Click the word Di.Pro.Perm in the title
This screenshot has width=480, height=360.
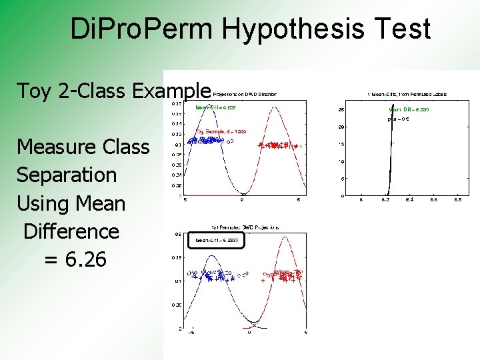(141, 29)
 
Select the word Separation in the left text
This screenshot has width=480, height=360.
(67, 175)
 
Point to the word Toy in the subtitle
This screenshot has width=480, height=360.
(34, 91)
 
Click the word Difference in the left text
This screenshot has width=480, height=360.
(71, 231)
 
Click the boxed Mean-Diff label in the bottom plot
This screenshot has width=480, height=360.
(216, 241)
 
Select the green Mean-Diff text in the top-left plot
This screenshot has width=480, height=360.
(215, 107)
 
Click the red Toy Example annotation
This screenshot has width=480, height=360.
(220, 131)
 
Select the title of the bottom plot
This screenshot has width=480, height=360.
(245, 227)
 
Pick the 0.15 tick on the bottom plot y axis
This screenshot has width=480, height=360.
(178, 257)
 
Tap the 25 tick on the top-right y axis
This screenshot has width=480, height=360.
(341, 110)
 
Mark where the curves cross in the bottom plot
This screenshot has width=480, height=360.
(249, 324)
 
